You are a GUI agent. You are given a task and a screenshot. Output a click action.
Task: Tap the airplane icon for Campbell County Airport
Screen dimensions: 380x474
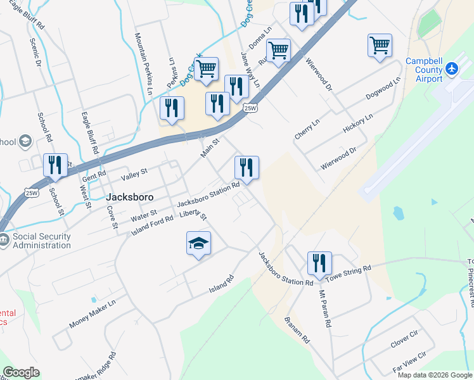[x=451, y=68]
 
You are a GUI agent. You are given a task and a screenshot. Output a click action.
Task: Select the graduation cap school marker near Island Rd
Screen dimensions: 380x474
[x=198, y=243]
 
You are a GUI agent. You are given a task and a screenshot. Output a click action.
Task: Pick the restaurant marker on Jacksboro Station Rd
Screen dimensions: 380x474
[x=247, y=168]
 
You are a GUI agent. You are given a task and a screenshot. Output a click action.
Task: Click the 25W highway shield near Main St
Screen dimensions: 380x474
[x=251, y=108]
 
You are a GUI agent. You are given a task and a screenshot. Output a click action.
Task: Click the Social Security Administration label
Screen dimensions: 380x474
[x=42, y=241]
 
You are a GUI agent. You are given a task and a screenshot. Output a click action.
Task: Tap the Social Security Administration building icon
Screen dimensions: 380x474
[x=4, y=240]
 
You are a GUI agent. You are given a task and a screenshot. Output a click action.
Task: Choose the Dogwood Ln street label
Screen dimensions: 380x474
[x=383, y=90]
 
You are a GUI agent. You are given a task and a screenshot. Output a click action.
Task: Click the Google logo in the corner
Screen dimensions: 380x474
[x=21, y=372]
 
